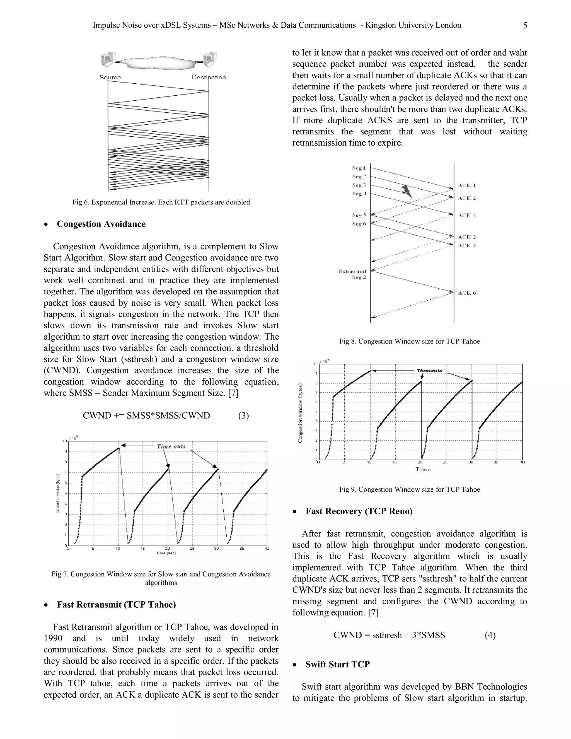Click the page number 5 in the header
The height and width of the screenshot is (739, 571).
click(x=525, y=26)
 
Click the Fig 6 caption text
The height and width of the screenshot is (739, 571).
click(x=161, y=202)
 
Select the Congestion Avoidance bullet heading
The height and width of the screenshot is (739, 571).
click(x=101, y=224)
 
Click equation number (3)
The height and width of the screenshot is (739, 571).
click(x=243, y=416)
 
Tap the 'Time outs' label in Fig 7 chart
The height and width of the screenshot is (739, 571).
click(x=171, y=446)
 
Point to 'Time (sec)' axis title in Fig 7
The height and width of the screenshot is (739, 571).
click(x=166, y=553)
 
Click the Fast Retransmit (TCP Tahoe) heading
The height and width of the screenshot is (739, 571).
click(x=116, y=605)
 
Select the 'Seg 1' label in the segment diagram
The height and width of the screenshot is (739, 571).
click(x=359, y=168)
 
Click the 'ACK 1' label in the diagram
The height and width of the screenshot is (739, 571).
click(x=467, y=185)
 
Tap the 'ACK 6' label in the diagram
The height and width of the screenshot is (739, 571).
click(x=467, y=293)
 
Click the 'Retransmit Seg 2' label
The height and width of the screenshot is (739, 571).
click(x=352, y=274)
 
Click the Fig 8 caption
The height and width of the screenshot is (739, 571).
click(x=409, y=341)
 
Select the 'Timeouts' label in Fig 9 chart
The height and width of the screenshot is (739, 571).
click(x=429, y=371)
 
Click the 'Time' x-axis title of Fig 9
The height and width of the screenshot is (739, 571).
click(x=423, y=470)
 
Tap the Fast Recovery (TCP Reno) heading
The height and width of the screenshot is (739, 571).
click(x=359, y=511)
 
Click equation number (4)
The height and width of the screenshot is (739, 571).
click(x=490, y=635)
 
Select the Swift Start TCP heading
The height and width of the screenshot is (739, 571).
click(x=337, y=664)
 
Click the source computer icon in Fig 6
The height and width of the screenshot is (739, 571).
click(x=108, y=60)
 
